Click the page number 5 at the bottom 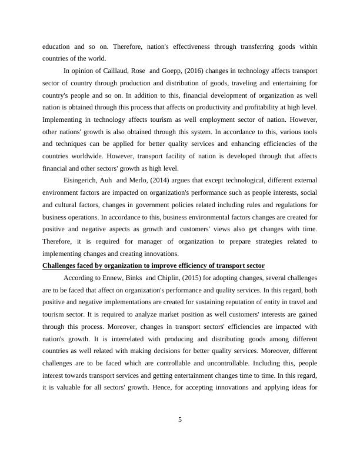pyautogui.click(x=180, y=420)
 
